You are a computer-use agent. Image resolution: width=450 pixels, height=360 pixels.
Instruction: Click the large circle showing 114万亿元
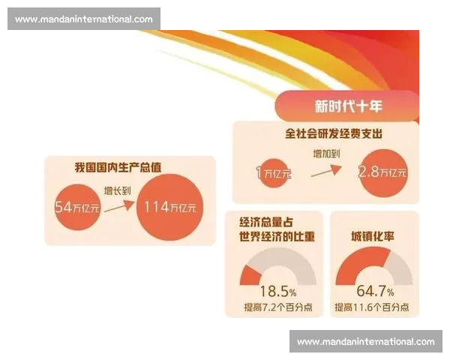171,207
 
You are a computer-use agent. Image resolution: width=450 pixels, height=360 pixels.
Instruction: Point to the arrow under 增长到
118,205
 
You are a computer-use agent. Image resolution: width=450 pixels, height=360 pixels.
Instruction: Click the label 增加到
325,154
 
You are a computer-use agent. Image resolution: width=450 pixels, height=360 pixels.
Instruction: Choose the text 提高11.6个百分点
372,307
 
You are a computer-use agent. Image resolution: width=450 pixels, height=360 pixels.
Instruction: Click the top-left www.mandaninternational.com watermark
83,19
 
